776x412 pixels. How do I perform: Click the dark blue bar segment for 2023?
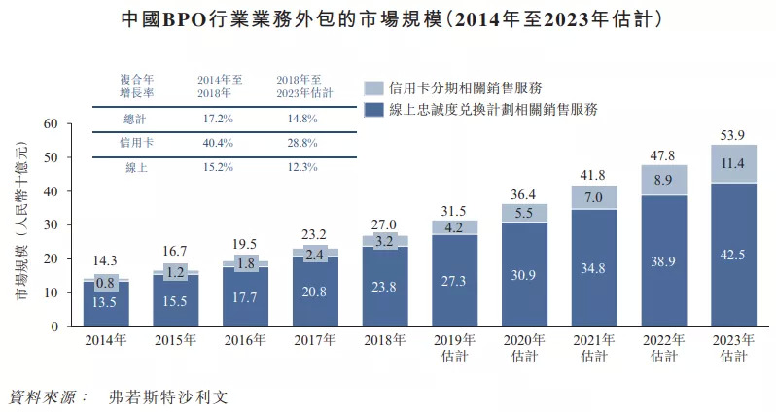(733, 255)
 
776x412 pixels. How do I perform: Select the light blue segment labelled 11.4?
(733, 163)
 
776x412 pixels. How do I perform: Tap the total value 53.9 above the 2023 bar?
(734, 135)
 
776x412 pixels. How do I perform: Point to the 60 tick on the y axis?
(52, 123)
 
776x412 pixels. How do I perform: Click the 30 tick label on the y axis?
(52, 224)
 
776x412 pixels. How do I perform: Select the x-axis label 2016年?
(245, 340)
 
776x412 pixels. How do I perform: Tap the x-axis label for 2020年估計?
(524, 347)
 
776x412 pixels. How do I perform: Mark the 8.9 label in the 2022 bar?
(664, 180)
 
